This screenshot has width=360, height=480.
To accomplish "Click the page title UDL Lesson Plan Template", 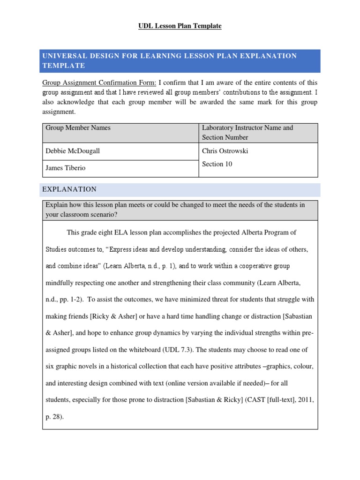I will (180, 26).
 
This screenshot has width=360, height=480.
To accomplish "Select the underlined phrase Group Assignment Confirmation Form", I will (99, 82).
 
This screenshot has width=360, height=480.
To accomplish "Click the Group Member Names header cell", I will (78, 127).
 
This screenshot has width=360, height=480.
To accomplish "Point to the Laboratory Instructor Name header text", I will (247, 127).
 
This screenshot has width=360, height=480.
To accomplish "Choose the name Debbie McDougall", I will (73, 151).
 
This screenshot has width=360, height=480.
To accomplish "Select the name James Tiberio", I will (66, 168).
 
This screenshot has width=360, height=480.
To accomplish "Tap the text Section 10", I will (217, 164).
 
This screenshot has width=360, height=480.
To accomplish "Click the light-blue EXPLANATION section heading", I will (69, 189).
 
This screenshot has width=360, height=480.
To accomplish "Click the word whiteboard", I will (142, 350).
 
